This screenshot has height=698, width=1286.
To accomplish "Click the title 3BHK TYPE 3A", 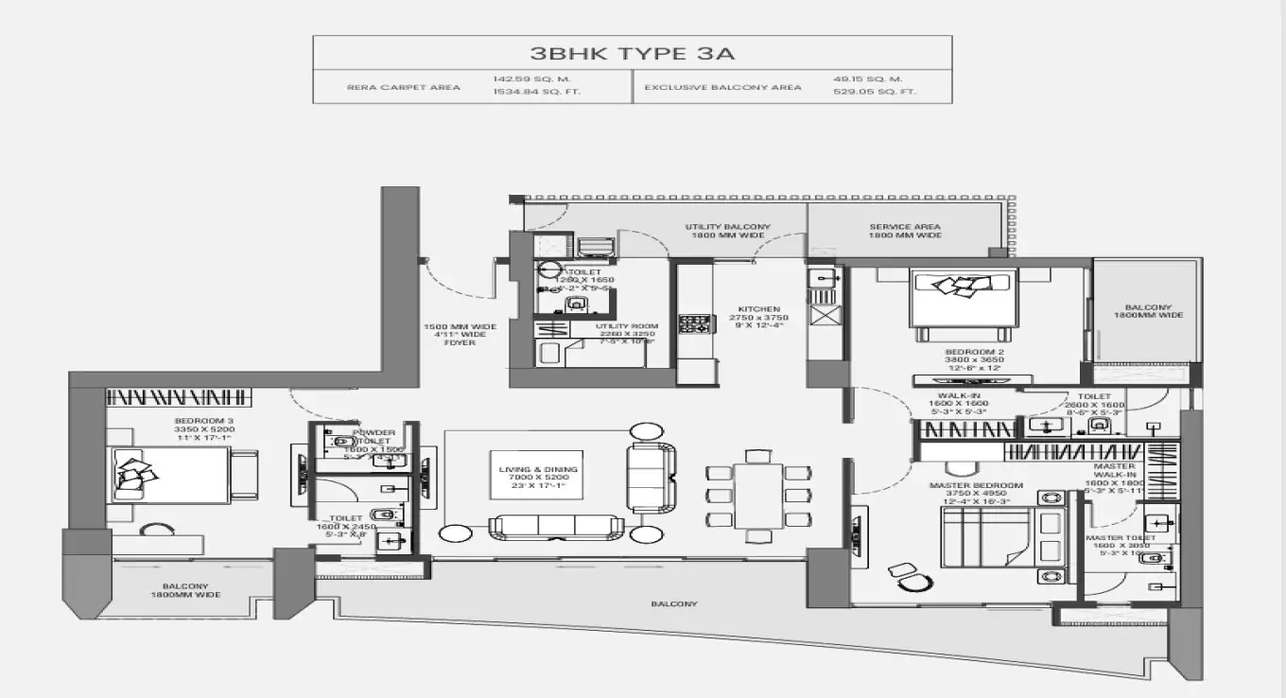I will [x=632, y=53].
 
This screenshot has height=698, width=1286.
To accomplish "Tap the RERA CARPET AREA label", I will [x=403, y=87].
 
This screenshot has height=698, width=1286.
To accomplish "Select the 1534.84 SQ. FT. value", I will [x=525, y=94].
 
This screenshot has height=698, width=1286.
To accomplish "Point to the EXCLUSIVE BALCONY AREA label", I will [x=722, y=87].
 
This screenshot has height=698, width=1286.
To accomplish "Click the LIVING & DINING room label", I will [x=538, y=469].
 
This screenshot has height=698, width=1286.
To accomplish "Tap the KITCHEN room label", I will [x=759, y=309].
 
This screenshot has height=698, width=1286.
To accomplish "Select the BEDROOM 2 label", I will [x=961, y=352].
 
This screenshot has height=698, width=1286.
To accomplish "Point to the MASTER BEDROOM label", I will [x=976, y=485].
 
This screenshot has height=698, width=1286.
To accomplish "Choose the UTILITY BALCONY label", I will [x=727, y=227].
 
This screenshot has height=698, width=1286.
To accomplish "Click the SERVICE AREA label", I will [x=904, y=227].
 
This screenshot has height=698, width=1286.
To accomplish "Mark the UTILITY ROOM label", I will [x=626, y=326].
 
